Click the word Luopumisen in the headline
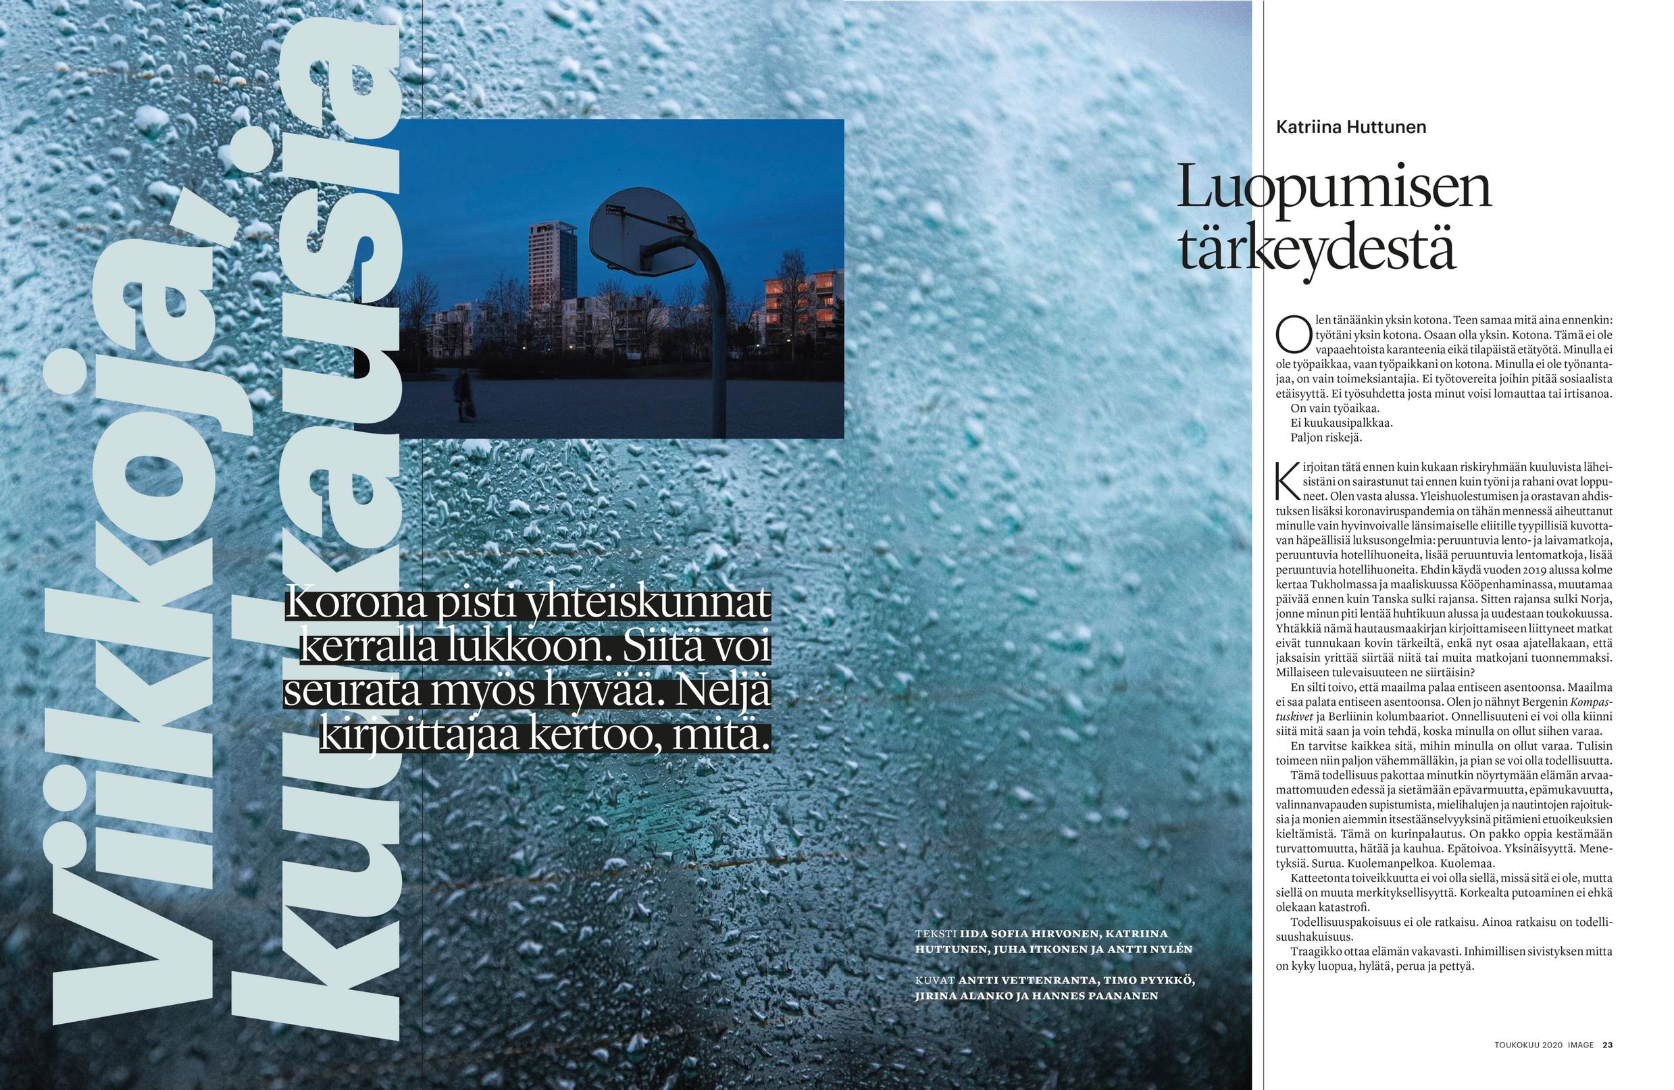click(1334, 188)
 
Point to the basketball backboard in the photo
click(641, 232)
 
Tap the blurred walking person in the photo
click(463, 394)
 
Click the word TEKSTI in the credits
click(936, 934)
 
